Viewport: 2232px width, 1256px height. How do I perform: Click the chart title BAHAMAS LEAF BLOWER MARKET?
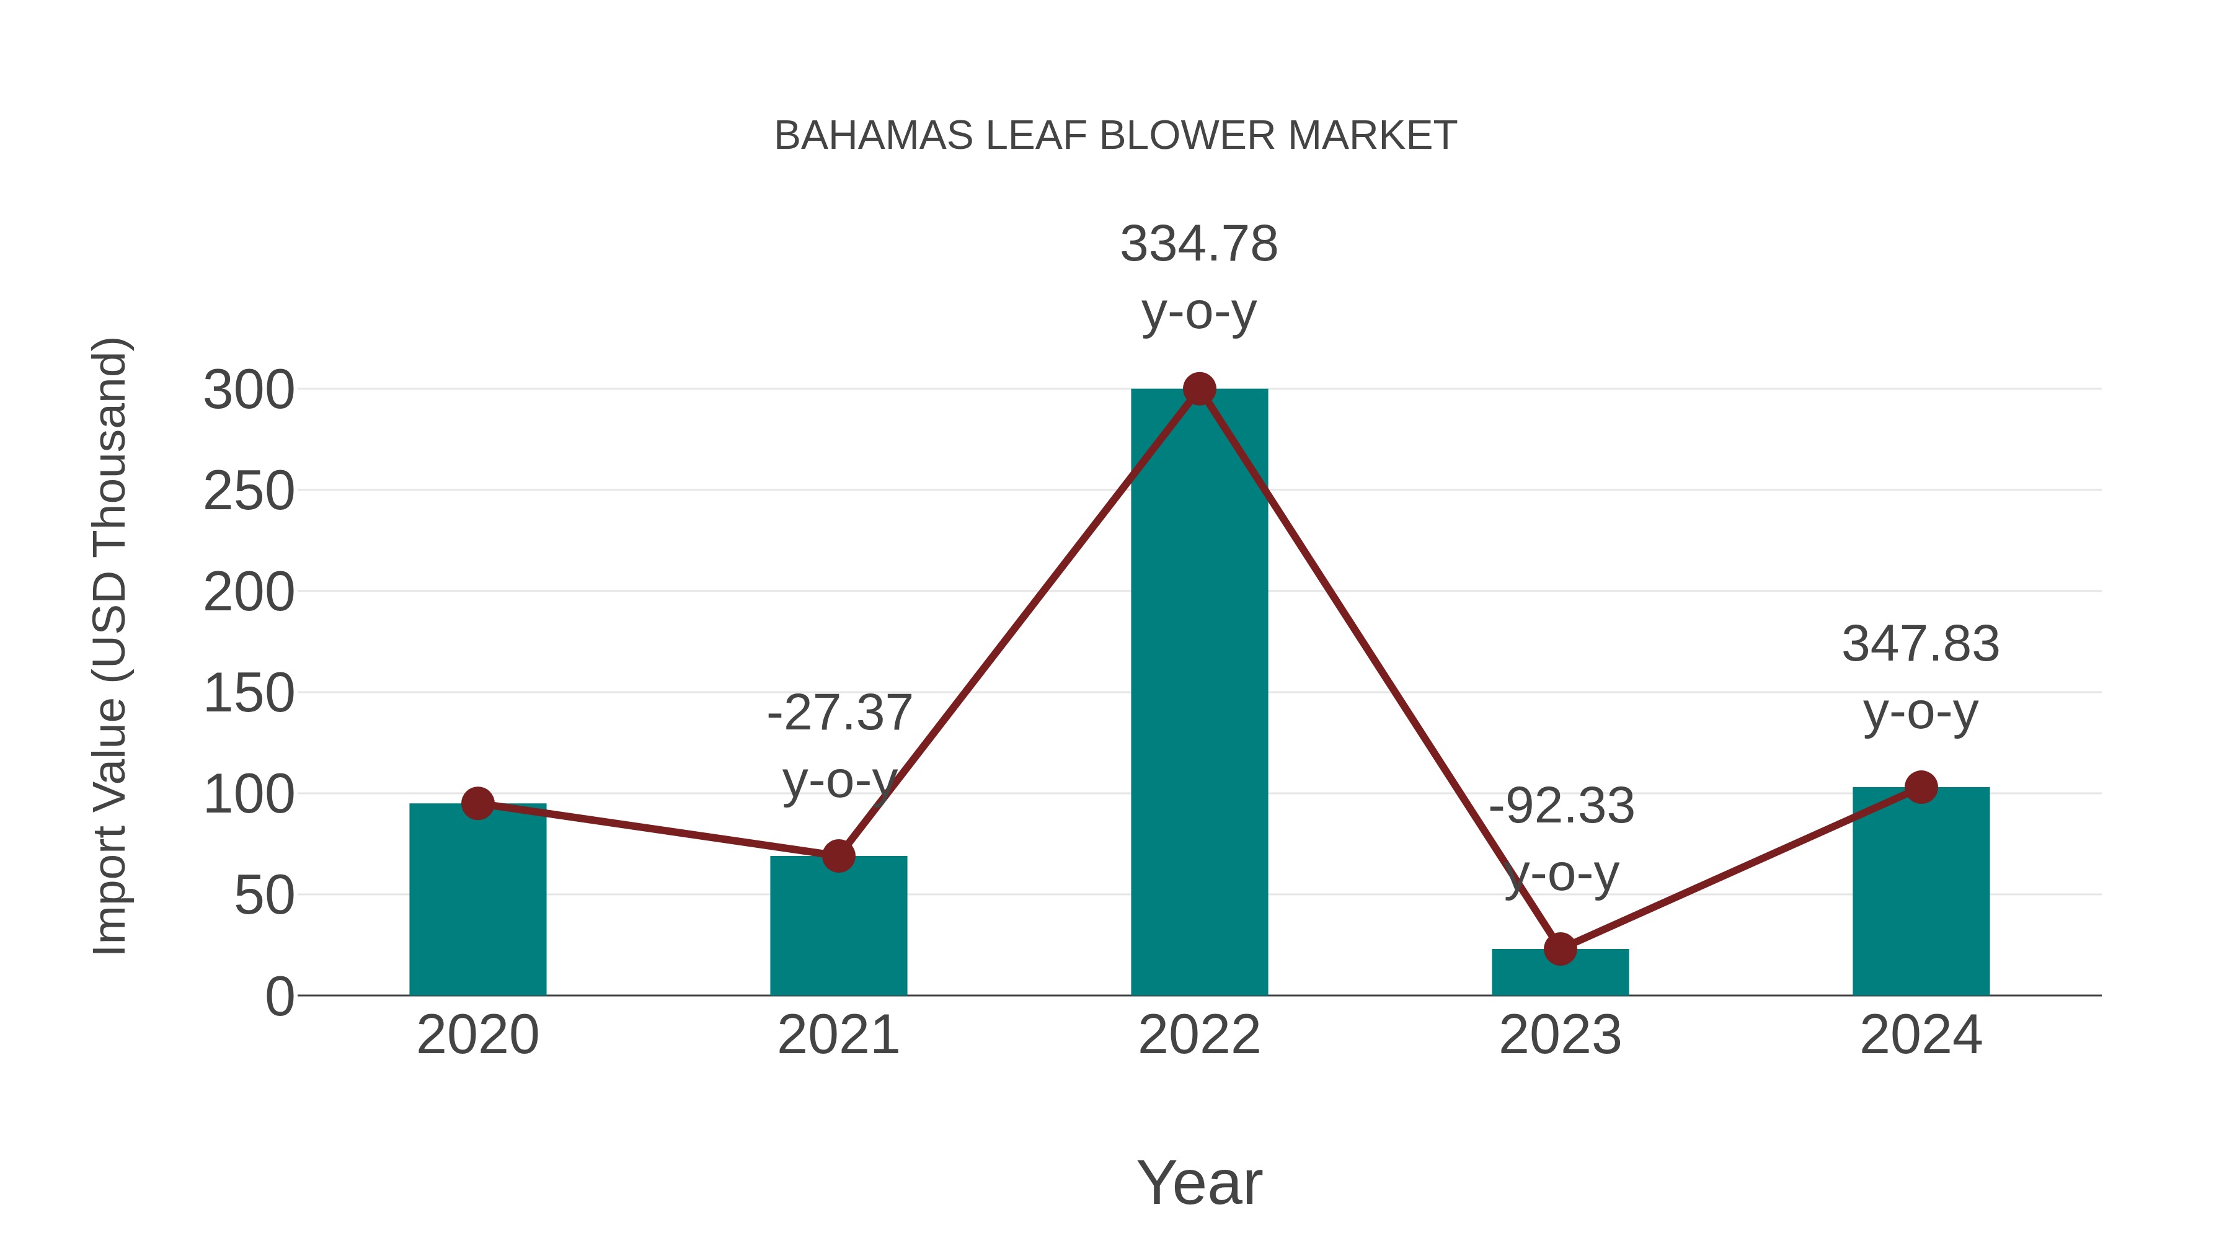(x=1115, y=136)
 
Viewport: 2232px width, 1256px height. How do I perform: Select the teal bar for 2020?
(x=477, y=901)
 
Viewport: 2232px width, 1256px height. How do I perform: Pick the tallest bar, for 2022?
(x=1199, y=693)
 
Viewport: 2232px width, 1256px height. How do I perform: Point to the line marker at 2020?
(x=477, y=803)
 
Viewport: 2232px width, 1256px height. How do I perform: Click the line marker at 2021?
(x=838, y=857)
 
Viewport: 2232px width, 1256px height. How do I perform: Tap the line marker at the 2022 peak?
(x=1199, y=389)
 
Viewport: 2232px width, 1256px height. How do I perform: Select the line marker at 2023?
(x=1560, y=949)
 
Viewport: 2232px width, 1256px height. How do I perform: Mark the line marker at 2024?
(x=1921, y=787)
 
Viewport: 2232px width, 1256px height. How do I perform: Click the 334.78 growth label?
(x=1199, y=244)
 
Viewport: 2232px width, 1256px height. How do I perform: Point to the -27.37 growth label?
(x=839, y=713)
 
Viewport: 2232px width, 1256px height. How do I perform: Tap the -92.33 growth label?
(x=1561, y=806)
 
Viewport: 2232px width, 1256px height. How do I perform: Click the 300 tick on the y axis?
(x=249, y=390)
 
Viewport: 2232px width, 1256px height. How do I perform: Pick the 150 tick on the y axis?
(x=249, y=693)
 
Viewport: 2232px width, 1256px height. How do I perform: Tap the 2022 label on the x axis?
(x=1199, y=1035)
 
